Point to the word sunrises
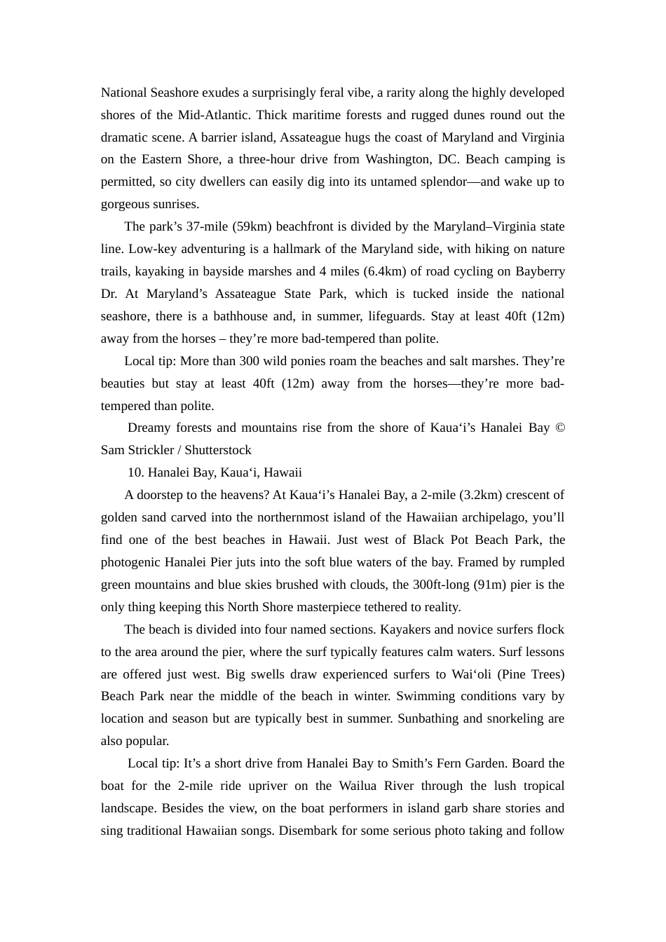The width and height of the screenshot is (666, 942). pos(175,204)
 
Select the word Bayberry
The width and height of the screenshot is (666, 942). pos(540,271)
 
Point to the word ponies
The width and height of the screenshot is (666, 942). pos(315,361)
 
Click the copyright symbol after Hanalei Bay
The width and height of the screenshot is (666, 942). pos(559,428)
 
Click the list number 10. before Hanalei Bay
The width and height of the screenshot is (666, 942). pos(136,472)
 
